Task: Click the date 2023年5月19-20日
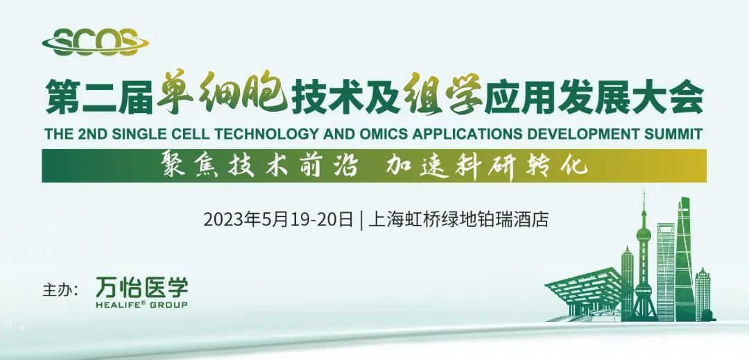[x=278, y=220]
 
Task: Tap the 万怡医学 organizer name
[x=141, y=286]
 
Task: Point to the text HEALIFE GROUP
[x=141, y=305]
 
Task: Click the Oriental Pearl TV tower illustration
[x=644, y=257]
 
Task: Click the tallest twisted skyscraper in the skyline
[x=684, y=257]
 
